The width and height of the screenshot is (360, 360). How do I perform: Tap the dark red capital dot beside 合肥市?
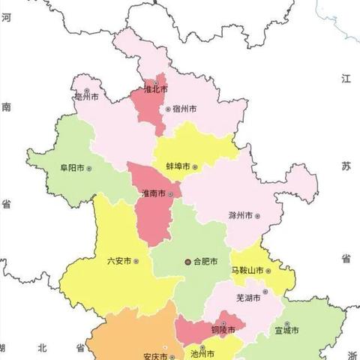click(188, 262)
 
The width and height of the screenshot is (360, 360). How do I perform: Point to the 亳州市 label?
click(87, 96)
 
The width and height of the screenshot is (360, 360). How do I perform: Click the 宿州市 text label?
click(184, 109)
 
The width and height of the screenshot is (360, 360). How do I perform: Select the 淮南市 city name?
click(154, 193)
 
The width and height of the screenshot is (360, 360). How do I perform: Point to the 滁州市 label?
click(240, 215)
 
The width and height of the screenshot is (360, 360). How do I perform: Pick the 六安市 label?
click(120, 261)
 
